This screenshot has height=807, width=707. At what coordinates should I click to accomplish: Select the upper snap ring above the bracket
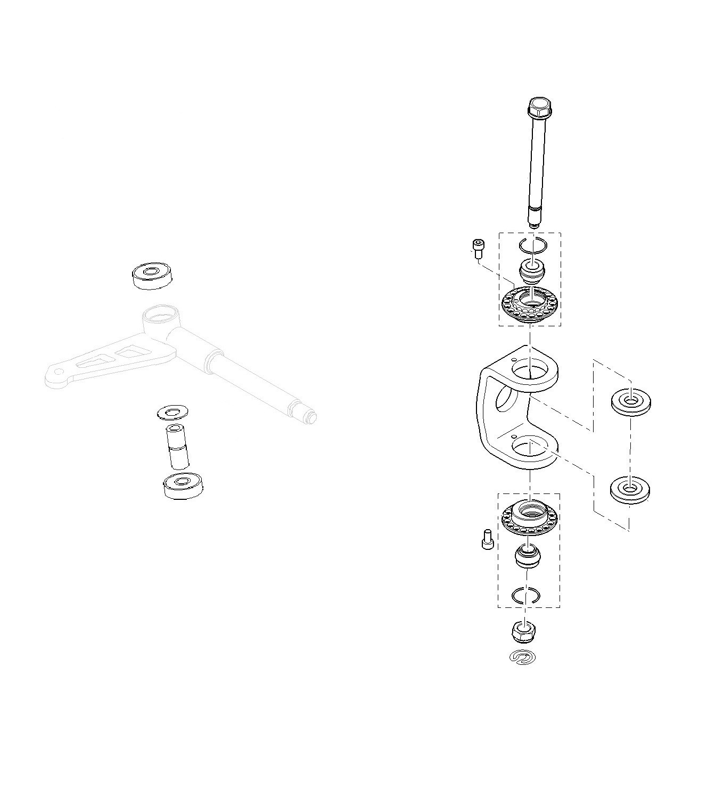point(532,246)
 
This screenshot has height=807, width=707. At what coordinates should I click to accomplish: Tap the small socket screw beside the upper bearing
point(477,248)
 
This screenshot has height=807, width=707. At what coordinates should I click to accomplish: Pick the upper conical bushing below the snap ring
point(530,271)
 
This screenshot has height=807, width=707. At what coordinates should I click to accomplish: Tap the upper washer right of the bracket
point(630,402)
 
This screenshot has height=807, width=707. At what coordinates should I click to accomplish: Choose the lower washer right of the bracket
point(629,490)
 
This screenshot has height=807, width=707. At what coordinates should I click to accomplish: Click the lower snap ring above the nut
point(525,595)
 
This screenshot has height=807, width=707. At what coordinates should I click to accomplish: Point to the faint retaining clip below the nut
point(522,657)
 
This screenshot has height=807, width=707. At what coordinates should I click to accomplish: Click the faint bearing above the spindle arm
point(152,275)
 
